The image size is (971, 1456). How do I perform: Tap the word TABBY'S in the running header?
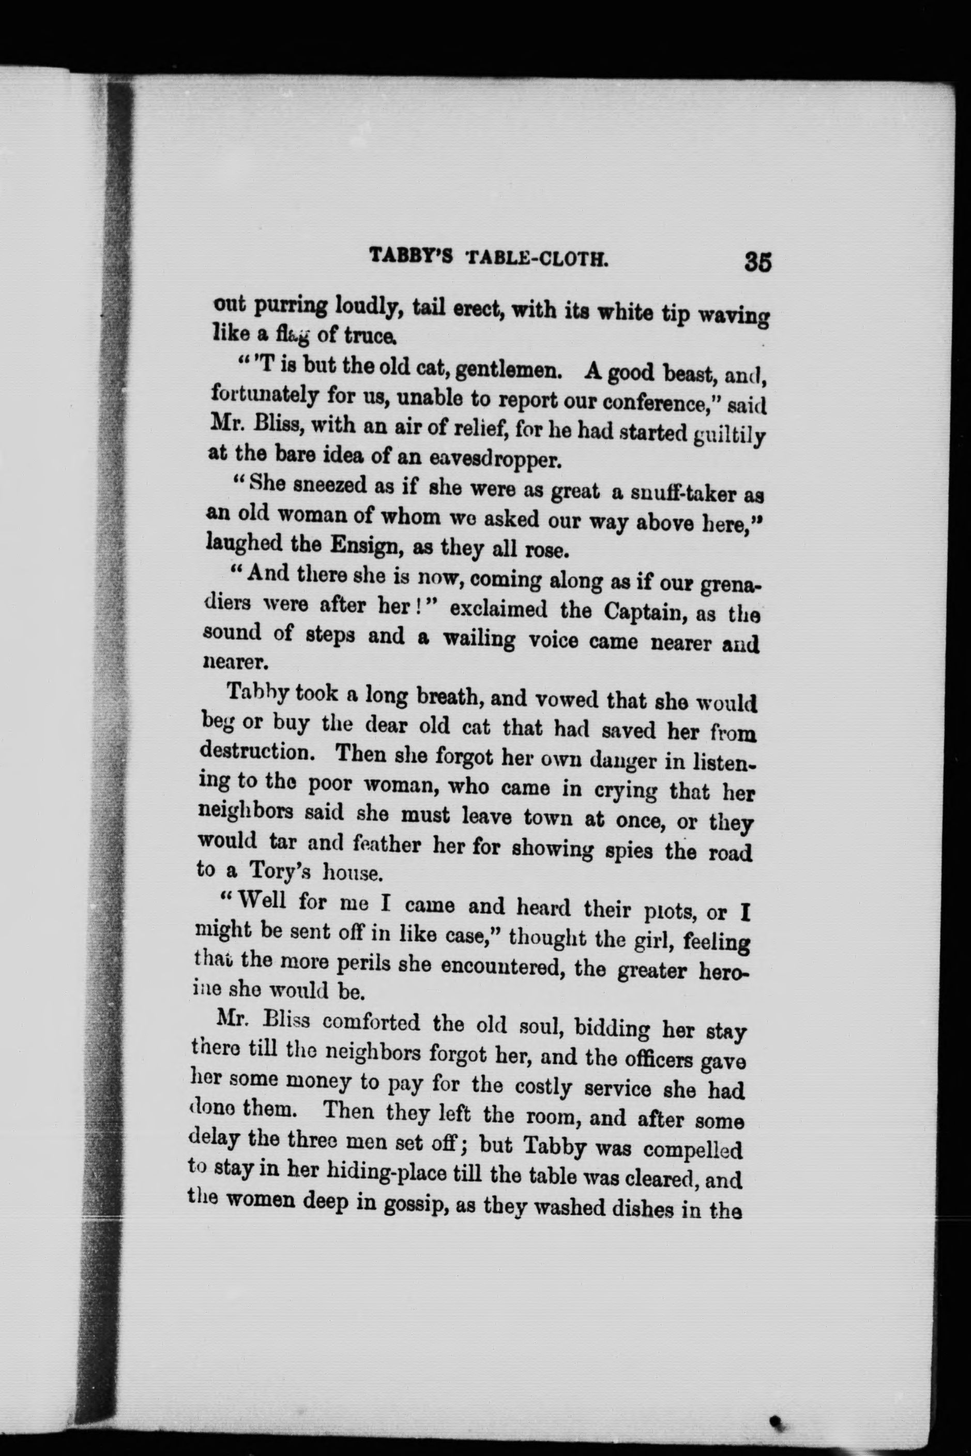pos(412,256)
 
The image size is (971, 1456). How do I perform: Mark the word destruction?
pos(261,753)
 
